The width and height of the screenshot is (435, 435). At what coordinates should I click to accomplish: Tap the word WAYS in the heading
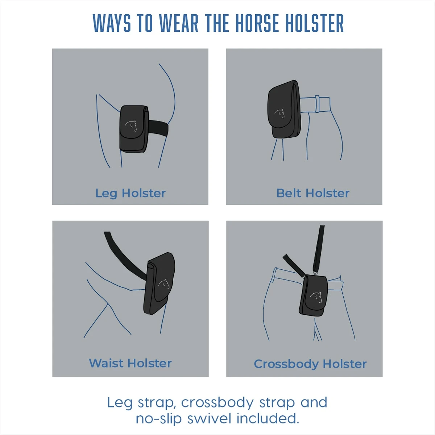pyautogui.click(x=112, y=23)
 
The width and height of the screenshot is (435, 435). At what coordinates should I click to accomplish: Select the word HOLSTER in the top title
pyautogui.click(x=314, y=23)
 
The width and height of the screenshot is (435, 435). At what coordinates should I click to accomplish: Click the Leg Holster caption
pyautogui.click(x=130, y=194)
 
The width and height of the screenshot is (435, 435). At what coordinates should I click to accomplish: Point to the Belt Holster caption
pyautogui.click(x=313, y=193)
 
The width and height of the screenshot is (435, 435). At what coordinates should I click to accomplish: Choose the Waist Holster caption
pyautogui.click(x=130, y=363)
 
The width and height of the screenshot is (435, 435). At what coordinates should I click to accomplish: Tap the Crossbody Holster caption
pyautogui.click(x=310, y=364)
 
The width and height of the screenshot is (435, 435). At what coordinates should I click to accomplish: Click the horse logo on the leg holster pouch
pyautogui.click(x=131, y=126)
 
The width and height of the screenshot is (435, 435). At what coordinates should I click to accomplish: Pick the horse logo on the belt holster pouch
pyautogui.click(x=280, y=113)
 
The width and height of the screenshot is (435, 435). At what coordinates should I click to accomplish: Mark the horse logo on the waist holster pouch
pyautogui.click(x=164, y=283)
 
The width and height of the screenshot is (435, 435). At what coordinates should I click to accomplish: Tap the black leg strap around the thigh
pyautogui.click(x=158, y=128)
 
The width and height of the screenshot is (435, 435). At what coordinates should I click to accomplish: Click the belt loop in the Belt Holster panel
pyautogui.click(x=317, y=104)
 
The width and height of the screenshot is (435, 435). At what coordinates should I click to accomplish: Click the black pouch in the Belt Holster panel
pyautogui.click(x=284, y=109)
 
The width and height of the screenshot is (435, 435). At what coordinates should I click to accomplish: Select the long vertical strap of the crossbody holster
pyautogui.click(x=319, y=249)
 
